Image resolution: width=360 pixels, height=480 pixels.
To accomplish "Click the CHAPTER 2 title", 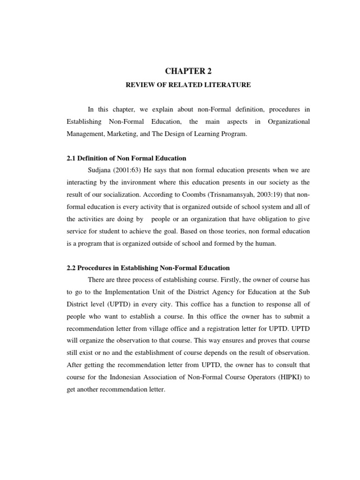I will [188, 71].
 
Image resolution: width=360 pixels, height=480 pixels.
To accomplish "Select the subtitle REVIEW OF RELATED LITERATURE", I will [187, 85].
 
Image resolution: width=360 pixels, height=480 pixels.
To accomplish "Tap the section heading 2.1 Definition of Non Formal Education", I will [127, 158].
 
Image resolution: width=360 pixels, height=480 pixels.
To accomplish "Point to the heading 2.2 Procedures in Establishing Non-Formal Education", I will [148, 268].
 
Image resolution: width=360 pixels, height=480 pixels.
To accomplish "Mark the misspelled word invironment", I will [136, 182].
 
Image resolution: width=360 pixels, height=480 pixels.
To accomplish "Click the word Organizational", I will [289, 121].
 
